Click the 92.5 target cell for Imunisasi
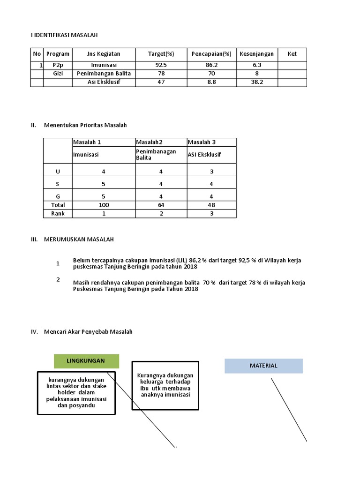point(161,65)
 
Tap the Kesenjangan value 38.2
point(256,82)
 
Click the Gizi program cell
point(58,74)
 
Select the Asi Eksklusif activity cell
point(104,82)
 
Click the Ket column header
point(292,54)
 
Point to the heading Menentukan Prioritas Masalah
point(85,125)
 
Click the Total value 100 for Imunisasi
point(104,205)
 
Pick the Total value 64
point(161,205)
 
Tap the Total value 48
point(211,205)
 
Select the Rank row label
point(58,213)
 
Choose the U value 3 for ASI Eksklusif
point(211,172)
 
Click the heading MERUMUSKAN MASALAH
point(79,240)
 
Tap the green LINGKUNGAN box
point(86,361)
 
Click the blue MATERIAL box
point(263,366)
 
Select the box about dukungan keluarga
point(165,385)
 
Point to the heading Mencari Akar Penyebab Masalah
point(88,331)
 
